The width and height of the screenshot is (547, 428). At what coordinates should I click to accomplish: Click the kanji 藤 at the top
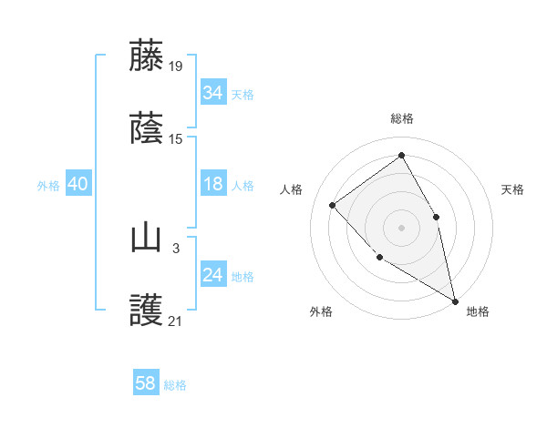click(x=146, y=56)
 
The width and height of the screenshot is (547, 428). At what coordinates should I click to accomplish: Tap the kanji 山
click(x=146, y=238)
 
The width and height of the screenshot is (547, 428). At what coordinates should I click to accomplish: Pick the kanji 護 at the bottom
click(x=146, y=311)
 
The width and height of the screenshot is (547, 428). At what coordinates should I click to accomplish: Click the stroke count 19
click(x=176, y=66)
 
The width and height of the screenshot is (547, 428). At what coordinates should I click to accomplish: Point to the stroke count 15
click(x=176, y=138)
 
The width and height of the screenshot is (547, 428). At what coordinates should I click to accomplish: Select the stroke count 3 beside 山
click(x=176, y=248)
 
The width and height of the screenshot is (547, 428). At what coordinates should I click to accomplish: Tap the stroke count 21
click(x=176, y=321)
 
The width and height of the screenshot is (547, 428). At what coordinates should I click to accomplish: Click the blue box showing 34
click(x=213, y=93)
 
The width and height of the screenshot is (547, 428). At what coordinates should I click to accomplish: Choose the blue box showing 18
click(x=213, y=184)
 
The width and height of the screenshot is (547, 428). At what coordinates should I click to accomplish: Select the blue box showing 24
click(x=213, y=275)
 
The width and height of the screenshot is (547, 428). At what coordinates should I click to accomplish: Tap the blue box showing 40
click(x=78, y=184)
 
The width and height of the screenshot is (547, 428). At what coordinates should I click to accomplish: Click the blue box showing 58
click(x=146, y=383)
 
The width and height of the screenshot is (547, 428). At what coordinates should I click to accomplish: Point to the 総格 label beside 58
click(x=176, y=385)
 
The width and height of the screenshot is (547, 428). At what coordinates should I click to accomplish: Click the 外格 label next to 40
click(x=48, y=186)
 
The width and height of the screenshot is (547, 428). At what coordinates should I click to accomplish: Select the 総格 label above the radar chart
click(x=401, y=118)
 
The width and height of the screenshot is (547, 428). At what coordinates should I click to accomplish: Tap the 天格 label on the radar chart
click(x=513, y=189)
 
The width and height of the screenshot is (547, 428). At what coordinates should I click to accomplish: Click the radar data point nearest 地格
click(x=455, y=300)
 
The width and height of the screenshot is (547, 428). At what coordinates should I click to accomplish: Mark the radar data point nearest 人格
click(x=333, y=205)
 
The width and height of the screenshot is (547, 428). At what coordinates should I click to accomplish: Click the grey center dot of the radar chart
click(x=401, y=227)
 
